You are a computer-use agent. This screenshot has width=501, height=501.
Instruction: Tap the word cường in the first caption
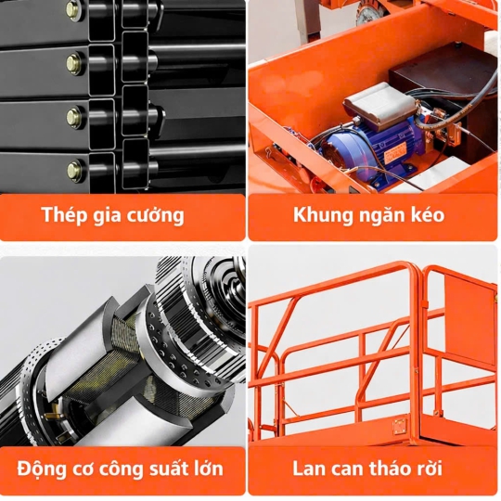click(x=156, y=215)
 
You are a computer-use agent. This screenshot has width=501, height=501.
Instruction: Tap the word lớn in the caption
click(x=208, y=469)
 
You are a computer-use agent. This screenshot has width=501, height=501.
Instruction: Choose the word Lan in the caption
click(x=309, y=469)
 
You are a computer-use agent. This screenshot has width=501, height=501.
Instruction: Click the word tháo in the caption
click(x=391, y=469)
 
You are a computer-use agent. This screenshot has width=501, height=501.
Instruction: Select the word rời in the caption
click(x=430, y=469)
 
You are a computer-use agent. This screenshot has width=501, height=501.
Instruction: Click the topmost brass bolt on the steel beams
click(x=74, y=7)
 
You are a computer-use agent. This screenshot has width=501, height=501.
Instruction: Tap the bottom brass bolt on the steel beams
click(x=74, y=168)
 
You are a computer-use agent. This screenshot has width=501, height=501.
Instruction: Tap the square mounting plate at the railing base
click(x=400, y=426)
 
